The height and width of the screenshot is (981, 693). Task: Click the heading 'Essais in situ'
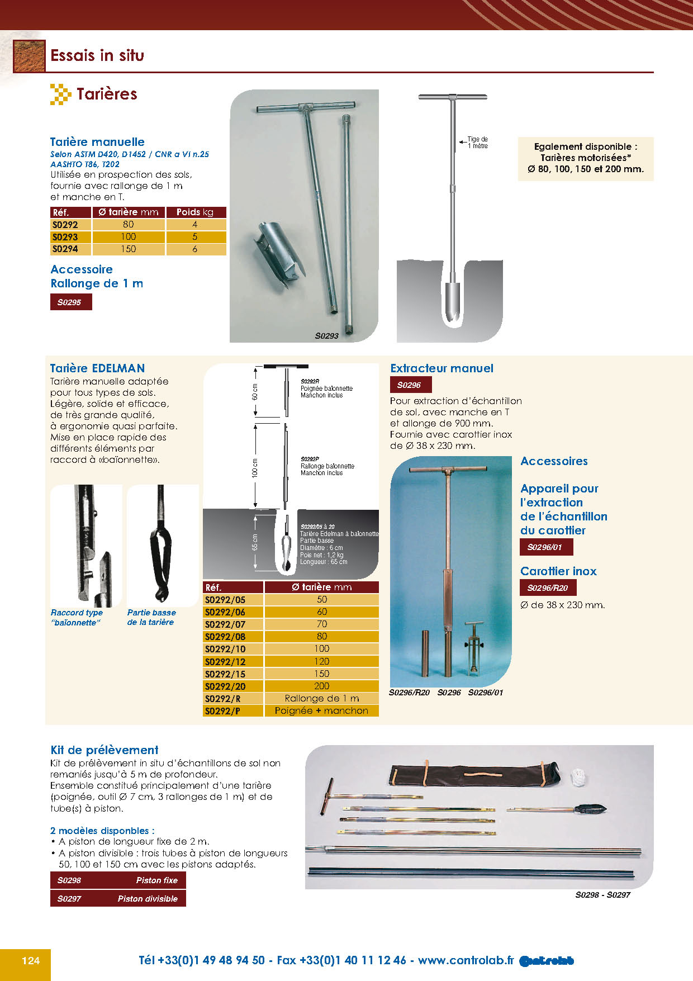point(97,55)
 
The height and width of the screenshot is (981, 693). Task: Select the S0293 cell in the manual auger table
point(65,237)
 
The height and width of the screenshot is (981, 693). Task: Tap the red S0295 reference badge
point(70,302)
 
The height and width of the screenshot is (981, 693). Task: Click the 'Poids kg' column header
point(195,212)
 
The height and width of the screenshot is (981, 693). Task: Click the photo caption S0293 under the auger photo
point(326,336)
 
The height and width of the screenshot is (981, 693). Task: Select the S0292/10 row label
point(225,649)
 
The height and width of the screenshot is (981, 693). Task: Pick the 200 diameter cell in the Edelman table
point(321,686)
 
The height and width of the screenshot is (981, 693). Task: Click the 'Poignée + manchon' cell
point(321,711)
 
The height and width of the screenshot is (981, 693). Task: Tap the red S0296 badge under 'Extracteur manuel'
point(410,385)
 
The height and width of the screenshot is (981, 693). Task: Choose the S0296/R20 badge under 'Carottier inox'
point(547,588)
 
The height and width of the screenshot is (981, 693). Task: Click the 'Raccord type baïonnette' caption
point(77,618)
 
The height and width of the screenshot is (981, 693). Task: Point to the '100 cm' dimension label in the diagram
point(255,468)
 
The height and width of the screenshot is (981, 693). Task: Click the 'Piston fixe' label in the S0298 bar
point(156,880)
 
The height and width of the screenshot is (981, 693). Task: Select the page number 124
point(31,960)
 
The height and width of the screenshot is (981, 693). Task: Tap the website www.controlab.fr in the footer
point(466,960)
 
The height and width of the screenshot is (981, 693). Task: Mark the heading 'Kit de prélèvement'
point(105,750)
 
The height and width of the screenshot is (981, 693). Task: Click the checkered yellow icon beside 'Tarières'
point(60,94)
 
